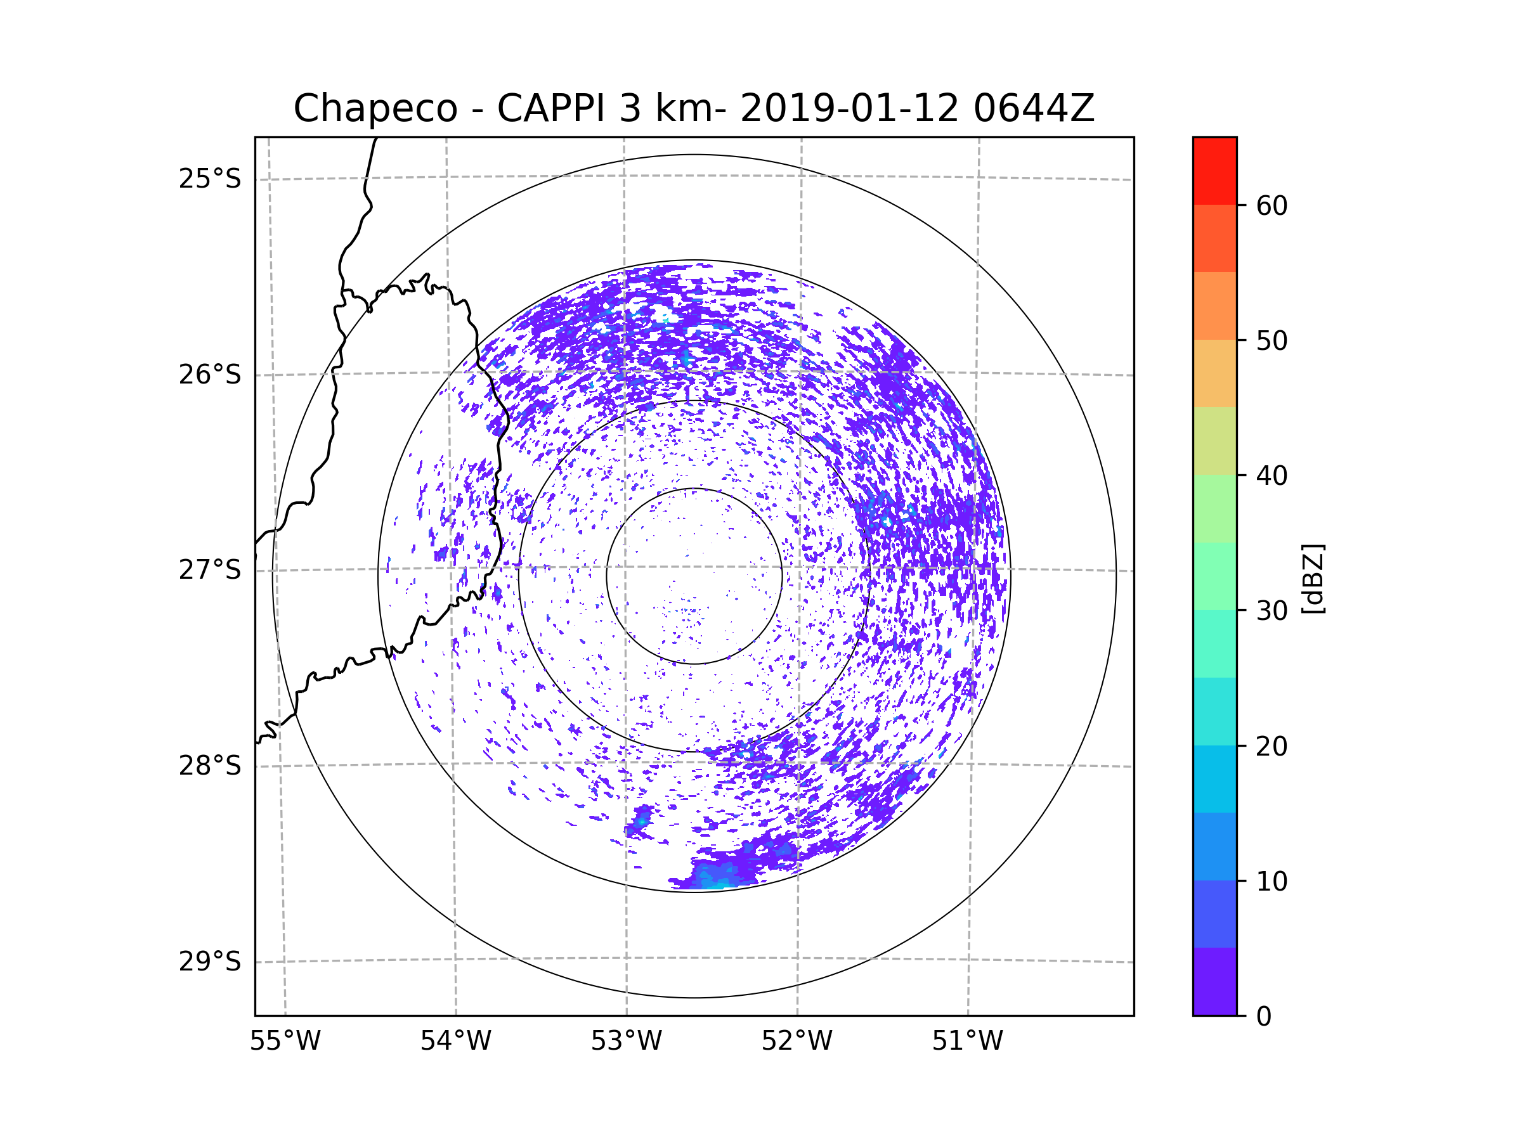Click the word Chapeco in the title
click(375, 108)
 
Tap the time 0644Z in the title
click(1033, 108)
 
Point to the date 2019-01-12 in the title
click(849, 108)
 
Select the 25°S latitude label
click(210, 179)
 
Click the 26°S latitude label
click(210, 375)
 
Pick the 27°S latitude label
click(210, 570)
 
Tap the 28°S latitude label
click(210, 766)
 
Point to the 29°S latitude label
click(210, 962)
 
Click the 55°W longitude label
click(285, 1041)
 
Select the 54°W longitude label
click(455, 1041)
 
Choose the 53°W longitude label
click(626, 1041)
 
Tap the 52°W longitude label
click(797, 1041)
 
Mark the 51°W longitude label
click(967, 1041)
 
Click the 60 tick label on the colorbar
click(1272, 205)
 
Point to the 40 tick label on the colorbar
click(1272, 476)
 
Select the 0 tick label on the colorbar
click(1264, 1017)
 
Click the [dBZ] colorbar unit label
click(1312, 578)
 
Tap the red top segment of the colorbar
click(1214, 171)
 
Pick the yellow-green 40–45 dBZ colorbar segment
click(1214, 441)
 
